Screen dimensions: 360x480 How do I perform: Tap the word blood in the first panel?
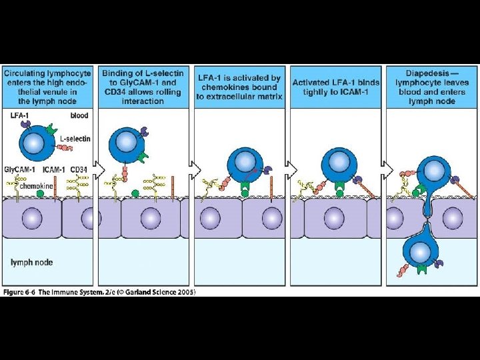click(x=79, y=115)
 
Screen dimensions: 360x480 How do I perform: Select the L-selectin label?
click(x=75, y=138)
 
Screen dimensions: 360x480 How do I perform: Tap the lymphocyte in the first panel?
click(x=39, y=142)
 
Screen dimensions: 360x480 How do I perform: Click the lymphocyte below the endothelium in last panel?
click(x=420, y=251)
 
